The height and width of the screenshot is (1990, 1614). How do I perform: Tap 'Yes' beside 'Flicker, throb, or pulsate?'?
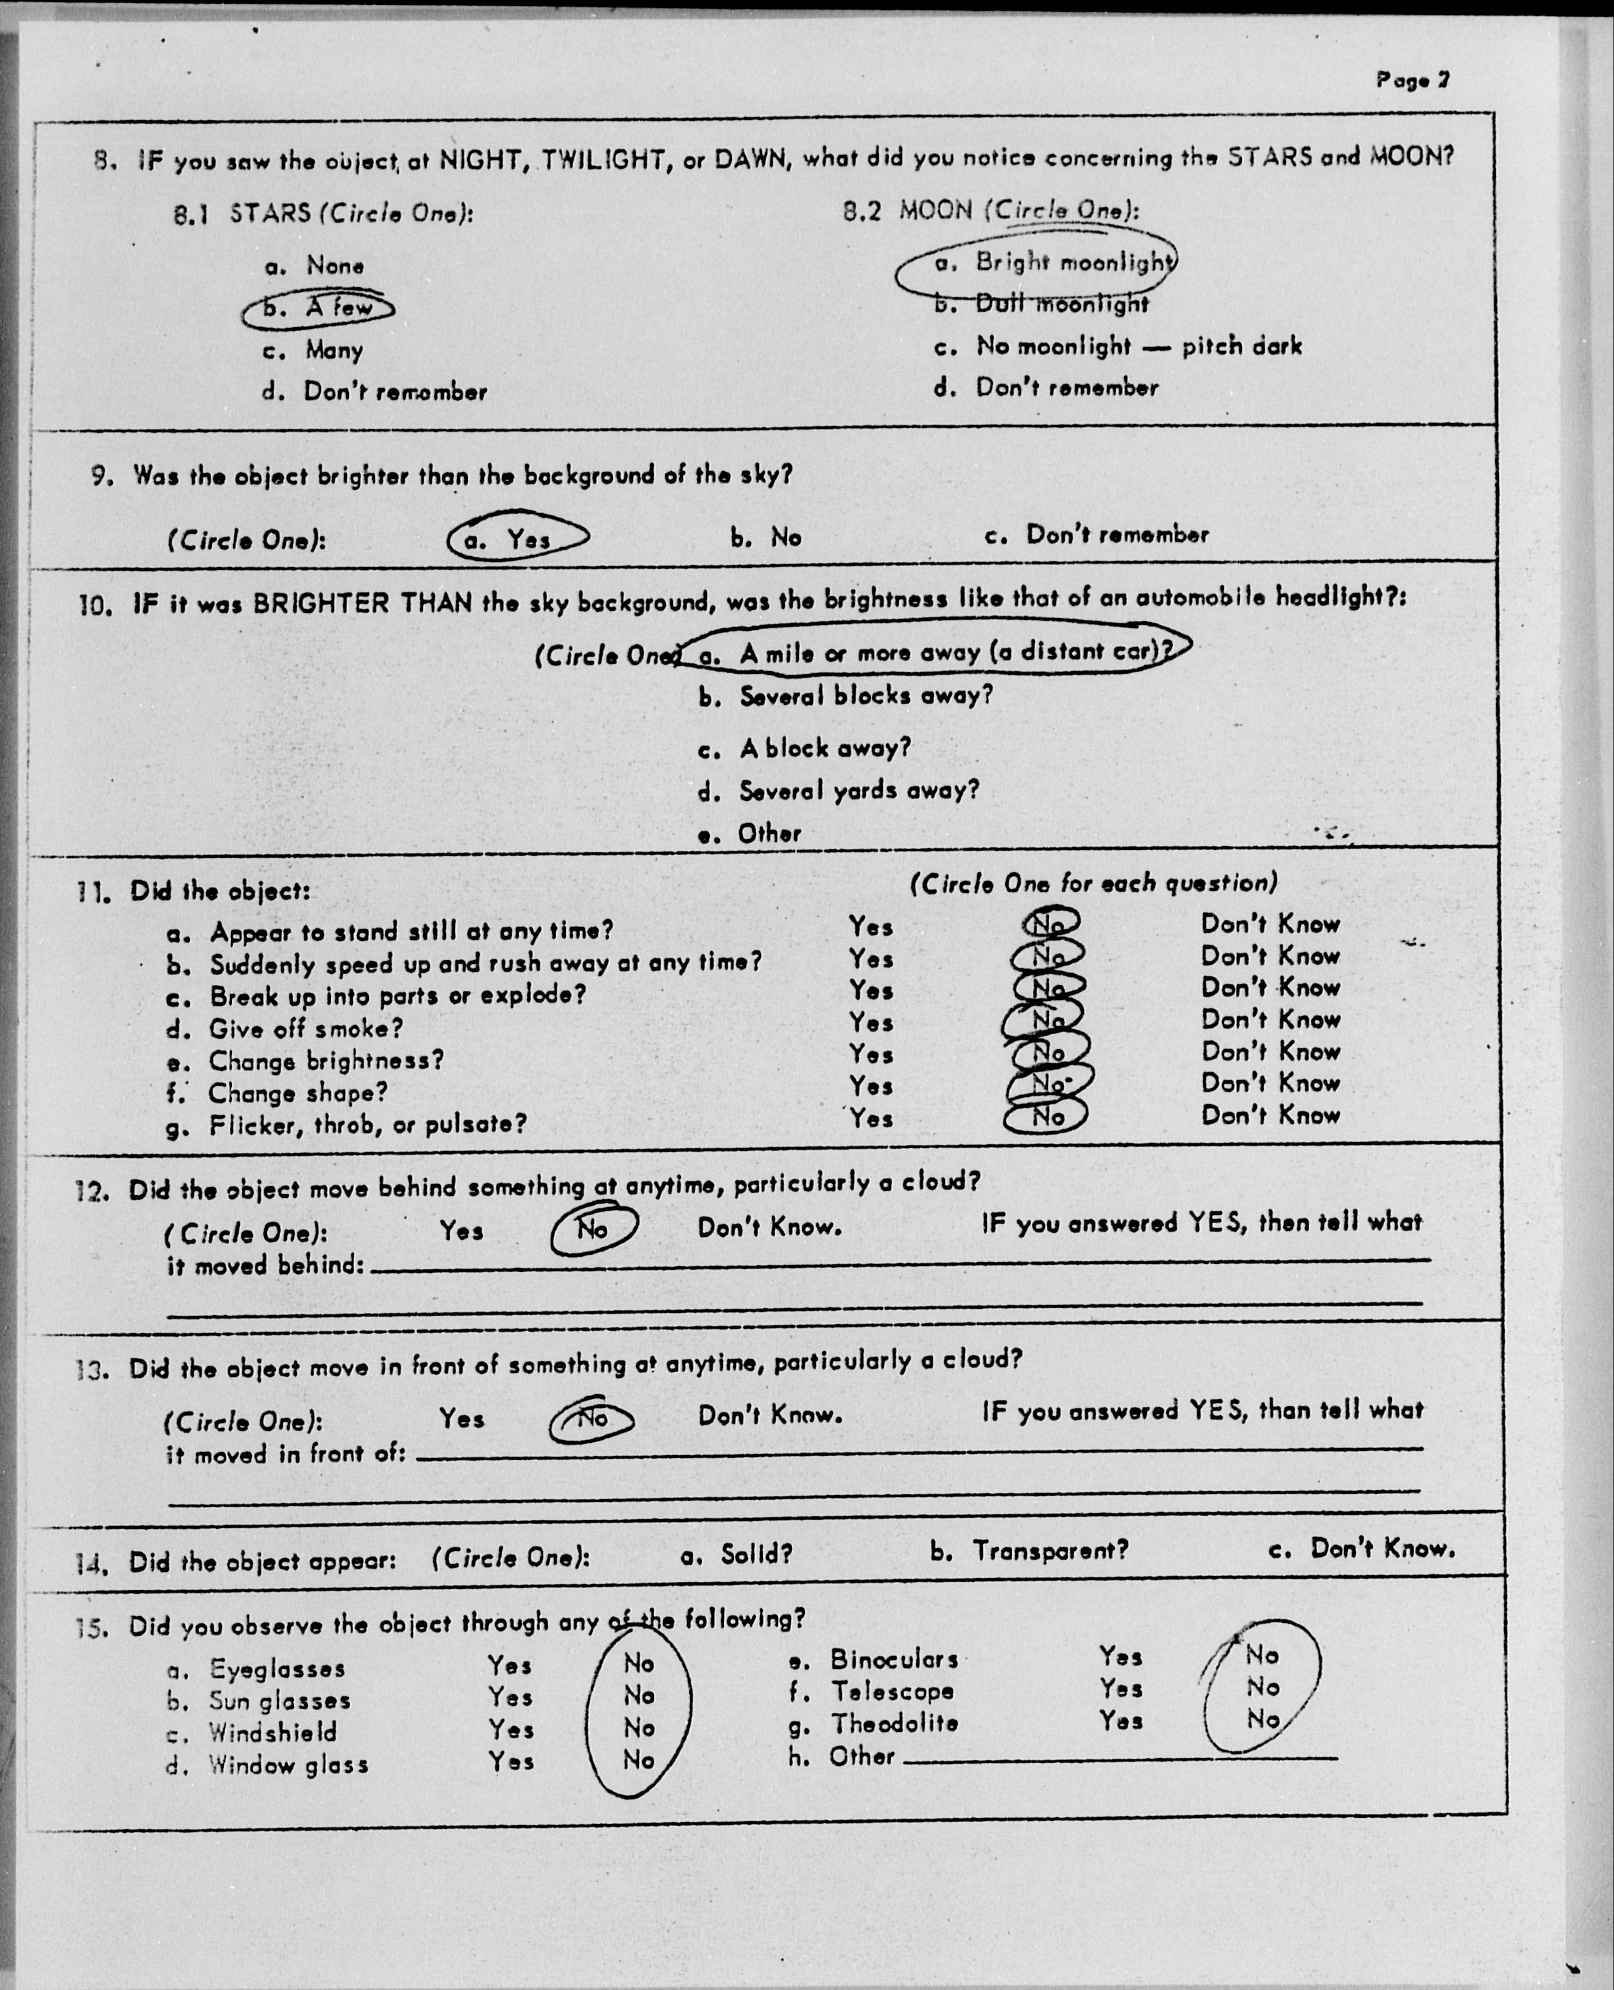click(870, 1118)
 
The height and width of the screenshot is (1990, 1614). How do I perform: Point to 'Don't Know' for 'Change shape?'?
click(1270, 1084)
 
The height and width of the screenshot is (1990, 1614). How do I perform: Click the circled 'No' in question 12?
click(593, 1230)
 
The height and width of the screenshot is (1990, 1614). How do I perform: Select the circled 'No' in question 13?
click(592, 1419)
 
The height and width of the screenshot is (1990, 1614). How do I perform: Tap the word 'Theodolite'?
click(894, 1723)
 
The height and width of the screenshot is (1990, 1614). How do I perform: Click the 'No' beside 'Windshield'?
click(639, 1728)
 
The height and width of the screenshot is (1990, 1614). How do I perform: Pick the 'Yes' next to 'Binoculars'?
click(1120, 1657)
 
